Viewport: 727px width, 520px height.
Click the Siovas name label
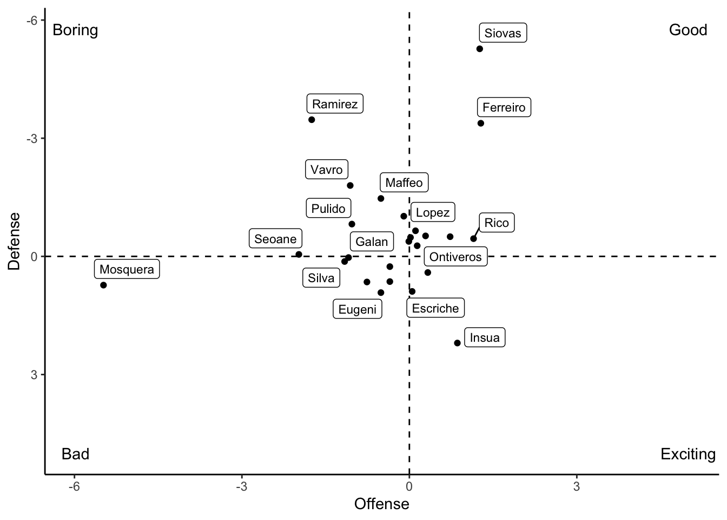point(503,33)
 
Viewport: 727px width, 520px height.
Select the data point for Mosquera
point(103,285)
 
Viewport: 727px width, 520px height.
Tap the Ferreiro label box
point(504,107)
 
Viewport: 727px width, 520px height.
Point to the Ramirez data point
point(312,120)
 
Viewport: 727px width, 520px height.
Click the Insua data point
point(457,343)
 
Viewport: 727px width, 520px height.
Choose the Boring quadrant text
point(75,30)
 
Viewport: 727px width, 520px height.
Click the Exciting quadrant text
point(688,454)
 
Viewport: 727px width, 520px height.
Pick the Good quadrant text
point(688,30)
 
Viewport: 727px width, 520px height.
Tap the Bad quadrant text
point(75,454)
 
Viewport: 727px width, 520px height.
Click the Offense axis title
point(381,504)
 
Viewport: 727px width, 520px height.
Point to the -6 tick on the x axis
point(74,486)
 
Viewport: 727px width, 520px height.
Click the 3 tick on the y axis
point(34,374)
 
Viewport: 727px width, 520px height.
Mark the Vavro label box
point(327,170)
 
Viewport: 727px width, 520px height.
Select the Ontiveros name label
point(455,257)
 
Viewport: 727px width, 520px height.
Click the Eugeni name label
point(357,309)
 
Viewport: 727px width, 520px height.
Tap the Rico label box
point(496,223)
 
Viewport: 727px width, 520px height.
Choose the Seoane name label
point(275,239)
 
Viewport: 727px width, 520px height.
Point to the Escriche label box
point(435,308)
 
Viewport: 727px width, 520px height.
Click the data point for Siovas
point(479,49)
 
